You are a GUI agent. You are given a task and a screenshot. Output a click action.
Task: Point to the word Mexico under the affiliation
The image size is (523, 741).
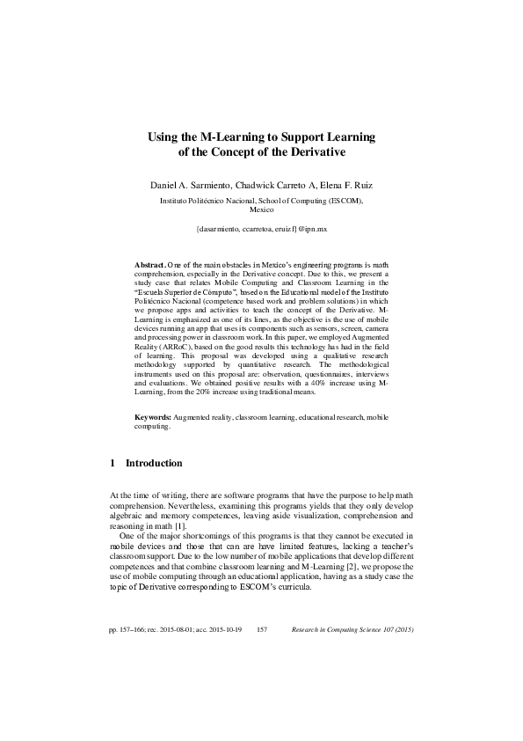point(261,210)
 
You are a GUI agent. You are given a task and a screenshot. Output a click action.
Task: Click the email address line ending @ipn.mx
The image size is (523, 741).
point(261,229)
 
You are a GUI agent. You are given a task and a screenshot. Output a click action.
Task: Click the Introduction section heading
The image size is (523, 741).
point(154,463)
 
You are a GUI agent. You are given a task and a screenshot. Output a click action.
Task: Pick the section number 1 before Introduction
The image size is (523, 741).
point(113,463)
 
